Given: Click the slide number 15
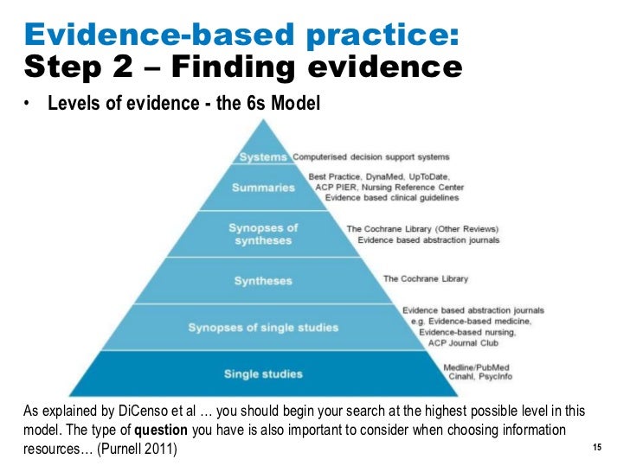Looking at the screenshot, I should pyautogui.click(x=596, y=448).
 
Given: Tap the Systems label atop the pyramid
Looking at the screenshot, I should pyautogui.click(x=262, y=157).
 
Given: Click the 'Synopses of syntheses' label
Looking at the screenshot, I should pyautogui.click(x=263, y=233).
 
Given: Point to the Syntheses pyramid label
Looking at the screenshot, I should pyautogui.click(x=263, y=280).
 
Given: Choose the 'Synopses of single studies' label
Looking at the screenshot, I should pyautogui.click(x=264, y=327).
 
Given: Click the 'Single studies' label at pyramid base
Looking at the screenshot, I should pyautogui.click(x=263, y=373).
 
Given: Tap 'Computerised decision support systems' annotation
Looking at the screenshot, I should pyautogui.click(x=371, y=157).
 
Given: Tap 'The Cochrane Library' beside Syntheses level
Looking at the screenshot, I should pyautogui.click(x=425, y=278).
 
